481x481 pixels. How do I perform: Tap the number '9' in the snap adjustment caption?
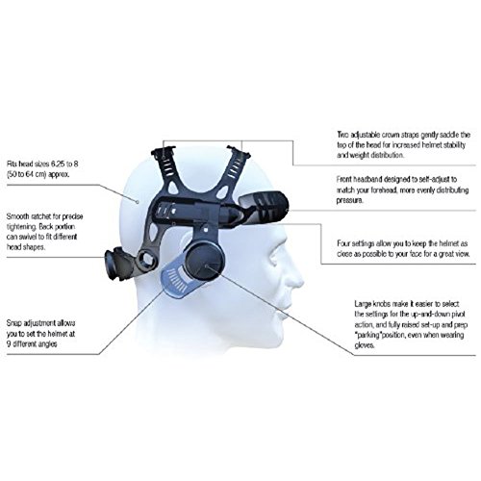point(9,344)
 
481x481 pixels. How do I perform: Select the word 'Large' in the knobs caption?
point(364,304)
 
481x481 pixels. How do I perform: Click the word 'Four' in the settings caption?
point(343,243)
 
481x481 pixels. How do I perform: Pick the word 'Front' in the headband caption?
point(344,179)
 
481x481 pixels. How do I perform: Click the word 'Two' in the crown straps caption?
point(342,135)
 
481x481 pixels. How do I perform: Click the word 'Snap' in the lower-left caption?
point(13,323)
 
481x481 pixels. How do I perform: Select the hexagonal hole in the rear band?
point(147,260)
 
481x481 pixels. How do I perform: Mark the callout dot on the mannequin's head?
point(138,202)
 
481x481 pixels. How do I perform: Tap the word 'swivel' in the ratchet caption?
point(28,237)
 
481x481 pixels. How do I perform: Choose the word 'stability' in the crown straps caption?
point(454,145)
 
